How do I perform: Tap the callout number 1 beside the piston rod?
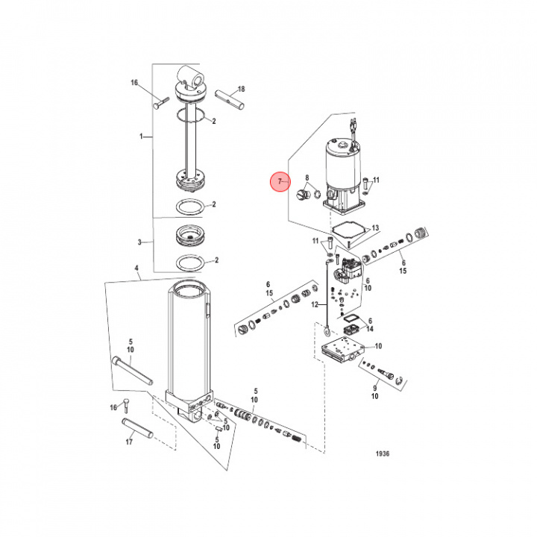(x=141, y=136)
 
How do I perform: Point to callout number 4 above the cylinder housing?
(x=136, y=268)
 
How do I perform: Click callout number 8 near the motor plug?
(x=307, y=178)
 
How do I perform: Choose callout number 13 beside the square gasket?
(x=376, y=228)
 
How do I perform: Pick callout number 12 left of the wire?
(x=315, y=304)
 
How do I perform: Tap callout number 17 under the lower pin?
(x=129, y=442)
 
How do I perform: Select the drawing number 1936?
(x=383, y=453)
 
